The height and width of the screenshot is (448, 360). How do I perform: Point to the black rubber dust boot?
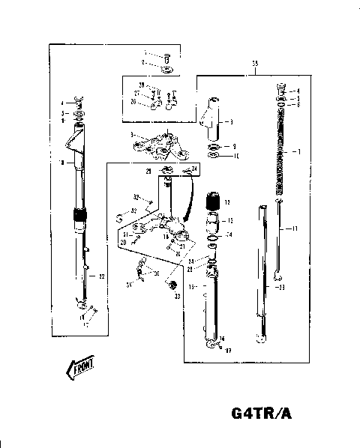click(212, 201)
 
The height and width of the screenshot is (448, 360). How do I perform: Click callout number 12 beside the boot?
click(229, 202)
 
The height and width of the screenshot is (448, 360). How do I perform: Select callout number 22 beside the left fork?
click(102, 276)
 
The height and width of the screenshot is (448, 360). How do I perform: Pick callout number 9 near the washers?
click(234, 146)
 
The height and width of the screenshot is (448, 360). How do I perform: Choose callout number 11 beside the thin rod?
click(295, 227)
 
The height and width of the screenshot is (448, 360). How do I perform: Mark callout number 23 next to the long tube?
click(281, 288)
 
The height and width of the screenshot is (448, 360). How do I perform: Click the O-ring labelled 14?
click(213, 240)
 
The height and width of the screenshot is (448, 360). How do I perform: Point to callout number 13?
click(229, 221)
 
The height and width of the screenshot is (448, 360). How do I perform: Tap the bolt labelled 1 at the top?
click(166, 56)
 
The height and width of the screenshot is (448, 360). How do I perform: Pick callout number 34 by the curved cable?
click(194, 169)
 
